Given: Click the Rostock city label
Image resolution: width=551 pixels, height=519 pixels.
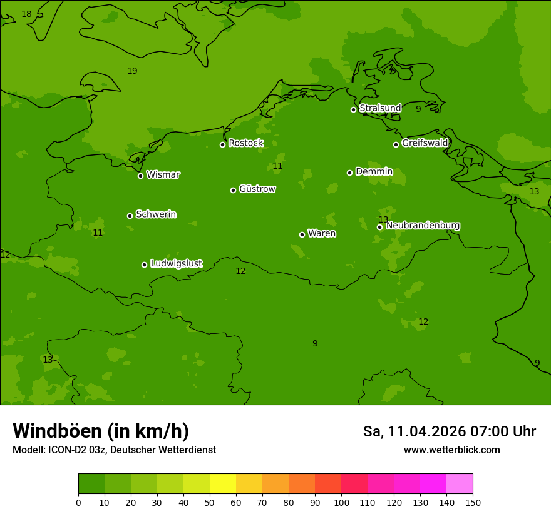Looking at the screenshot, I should (x=245, y=143).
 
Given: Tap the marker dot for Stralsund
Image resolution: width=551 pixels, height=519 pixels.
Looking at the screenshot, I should (x=353, y=109).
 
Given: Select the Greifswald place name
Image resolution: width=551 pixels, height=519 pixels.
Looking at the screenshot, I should (x=425, y=143).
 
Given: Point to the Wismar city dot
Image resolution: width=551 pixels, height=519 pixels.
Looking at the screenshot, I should (x=141, y=176).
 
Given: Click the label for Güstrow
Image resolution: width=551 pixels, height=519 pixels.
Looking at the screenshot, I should (x=257, y=189).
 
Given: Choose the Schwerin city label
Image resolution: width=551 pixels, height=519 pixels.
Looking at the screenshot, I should (x=155, y=214).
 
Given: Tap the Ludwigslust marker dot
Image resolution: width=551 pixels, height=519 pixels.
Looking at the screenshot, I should (x=144, y=265).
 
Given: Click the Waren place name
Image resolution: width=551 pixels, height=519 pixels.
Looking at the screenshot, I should (x=322, y=234).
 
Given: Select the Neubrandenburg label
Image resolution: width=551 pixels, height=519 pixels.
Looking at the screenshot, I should (x=423, y=226).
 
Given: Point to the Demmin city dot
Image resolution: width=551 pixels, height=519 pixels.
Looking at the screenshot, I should (x=349, y=173).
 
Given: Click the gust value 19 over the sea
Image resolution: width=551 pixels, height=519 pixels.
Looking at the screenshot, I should (x=132, y=71).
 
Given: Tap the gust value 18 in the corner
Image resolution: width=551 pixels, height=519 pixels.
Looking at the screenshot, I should (x=26, y=14).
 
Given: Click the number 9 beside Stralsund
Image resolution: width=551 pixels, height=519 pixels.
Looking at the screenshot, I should (x=418, y=109).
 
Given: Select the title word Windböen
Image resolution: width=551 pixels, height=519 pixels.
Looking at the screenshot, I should (x=57, y=431).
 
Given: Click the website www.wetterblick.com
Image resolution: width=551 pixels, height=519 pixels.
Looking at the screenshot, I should (x=451, y=450).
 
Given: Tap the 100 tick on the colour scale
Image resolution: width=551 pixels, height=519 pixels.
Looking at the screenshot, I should (x=341, y=502).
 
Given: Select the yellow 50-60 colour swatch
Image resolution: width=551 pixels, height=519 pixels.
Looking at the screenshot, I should (x=223, y=483).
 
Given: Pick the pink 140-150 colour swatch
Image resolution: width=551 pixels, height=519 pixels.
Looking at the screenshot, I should (x=460, y=483).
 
